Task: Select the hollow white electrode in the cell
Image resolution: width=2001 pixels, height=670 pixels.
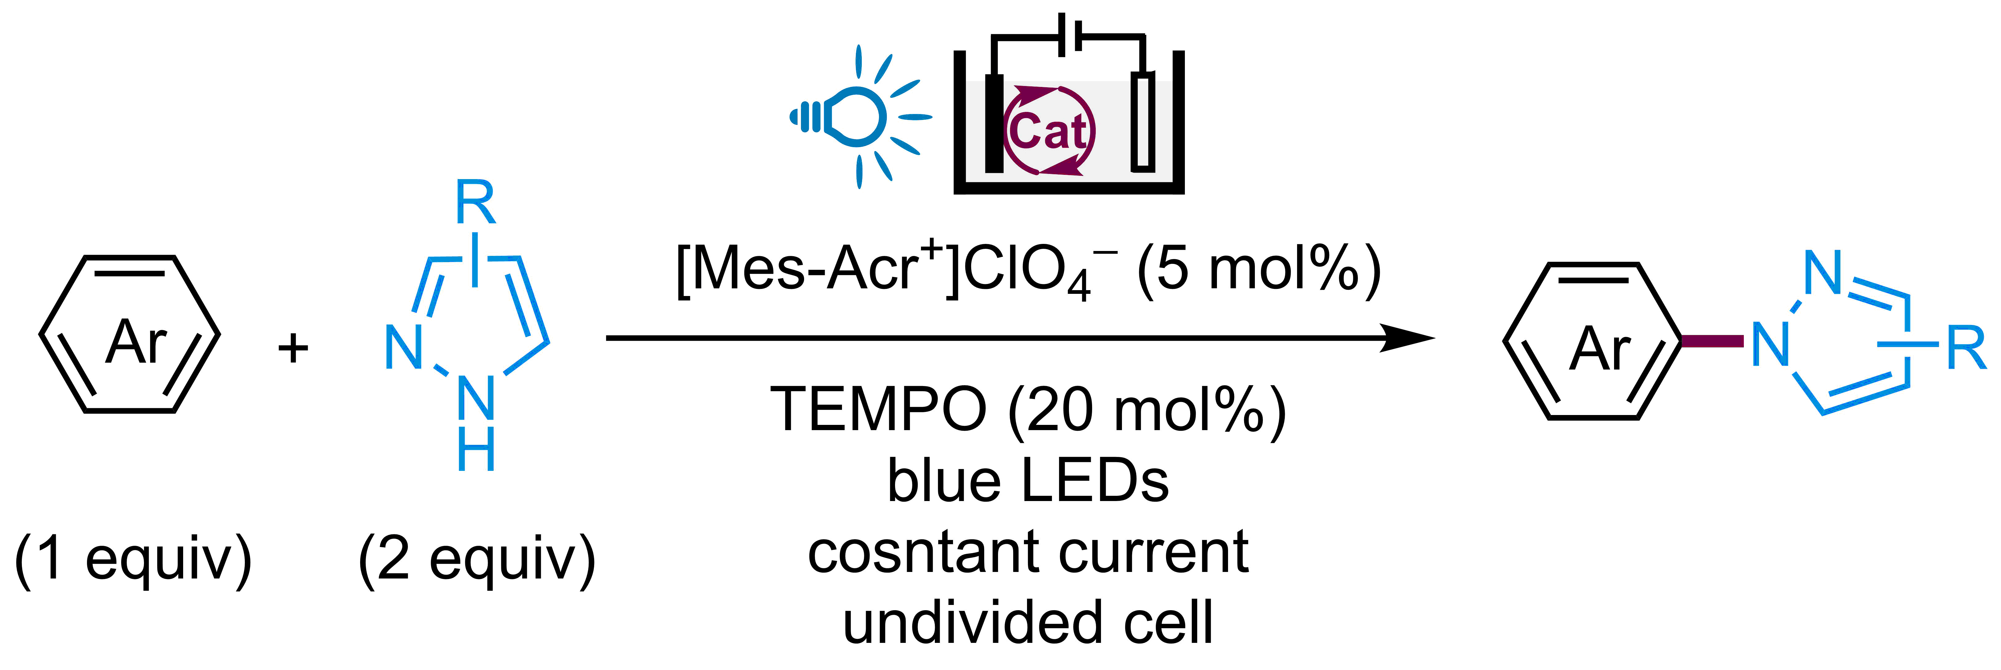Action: (1142, 120)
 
